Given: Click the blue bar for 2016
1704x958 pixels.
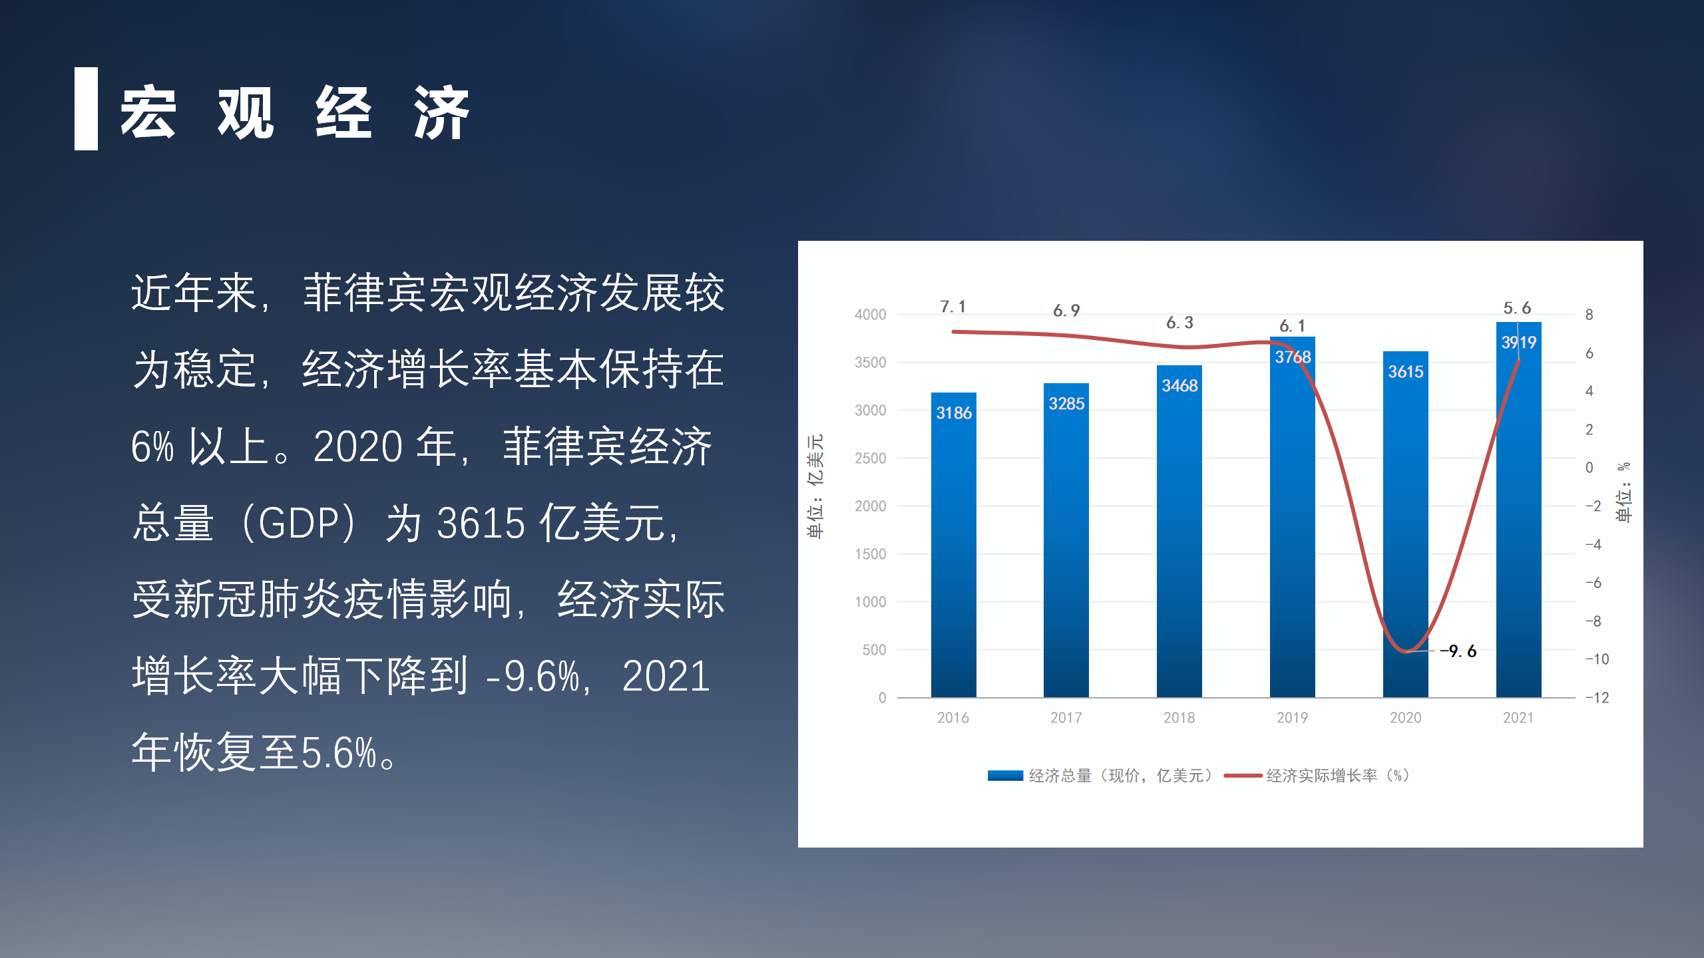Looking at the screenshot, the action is tap(953, 545).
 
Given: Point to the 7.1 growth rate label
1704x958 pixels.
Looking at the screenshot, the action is tap(953, 307).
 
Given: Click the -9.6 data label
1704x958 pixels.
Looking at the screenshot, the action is tap(1458, 651).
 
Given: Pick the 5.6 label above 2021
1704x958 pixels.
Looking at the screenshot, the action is tap(1517, 308).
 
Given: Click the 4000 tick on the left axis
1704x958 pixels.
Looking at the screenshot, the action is tap(870, 315).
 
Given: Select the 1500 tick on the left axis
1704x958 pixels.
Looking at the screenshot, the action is tap(870, 554).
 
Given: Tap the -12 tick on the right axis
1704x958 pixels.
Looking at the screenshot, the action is tap(1597, 697).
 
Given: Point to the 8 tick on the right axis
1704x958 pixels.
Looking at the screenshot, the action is tap(1589, 315).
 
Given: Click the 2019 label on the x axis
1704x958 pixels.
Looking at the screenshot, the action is tap(1292, 718).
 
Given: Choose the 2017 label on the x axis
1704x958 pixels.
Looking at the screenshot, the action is tap(1066, 718).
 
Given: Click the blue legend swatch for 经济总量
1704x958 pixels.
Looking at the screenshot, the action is tap(1005, 776).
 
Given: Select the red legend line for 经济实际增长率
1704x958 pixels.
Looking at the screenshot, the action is tap(1243, 776).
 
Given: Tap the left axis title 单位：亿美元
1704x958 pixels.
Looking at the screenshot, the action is tap(815, 486).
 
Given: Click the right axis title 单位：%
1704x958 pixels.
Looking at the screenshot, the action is tap(1624, 492).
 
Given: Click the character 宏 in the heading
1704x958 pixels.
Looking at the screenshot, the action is tap(148, 112).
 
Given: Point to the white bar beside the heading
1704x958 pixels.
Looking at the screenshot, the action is tap(86, 108).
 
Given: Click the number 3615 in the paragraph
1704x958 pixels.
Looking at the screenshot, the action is tap(481, 523).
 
